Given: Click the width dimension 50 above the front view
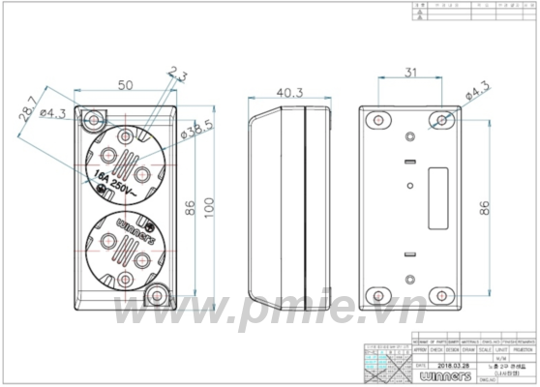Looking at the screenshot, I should (125, 85).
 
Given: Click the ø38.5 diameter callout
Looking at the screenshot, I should (195, 130).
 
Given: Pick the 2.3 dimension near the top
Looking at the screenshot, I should (178, 73).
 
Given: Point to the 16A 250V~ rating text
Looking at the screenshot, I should (113, 178).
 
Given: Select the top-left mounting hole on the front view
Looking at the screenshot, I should (94, 120).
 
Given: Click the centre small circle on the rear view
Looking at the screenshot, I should (409, 184).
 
